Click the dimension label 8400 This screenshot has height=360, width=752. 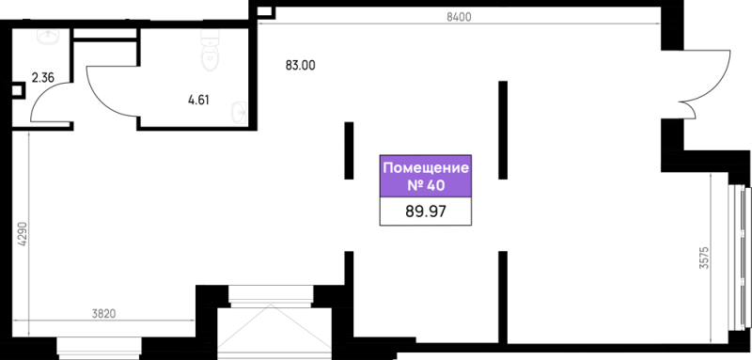(459, 17)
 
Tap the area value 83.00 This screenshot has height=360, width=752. (300, 66)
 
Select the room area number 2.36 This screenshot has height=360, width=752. (43, 78)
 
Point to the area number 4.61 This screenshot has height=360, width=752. (198, 101)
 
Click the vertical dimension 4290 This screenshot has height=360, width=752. (22, 233)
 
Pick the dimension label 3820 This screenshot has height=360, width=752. (103, 314)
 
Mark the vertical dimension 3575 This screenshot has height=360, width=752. (703, 258)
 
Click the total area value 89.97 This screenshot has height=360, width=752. (426, 211)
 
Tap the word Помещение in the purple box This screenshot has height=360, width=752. (426, 168)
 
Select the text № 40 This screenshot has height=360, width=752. (426, 185)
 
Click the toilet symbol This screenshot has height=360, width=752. (209, 51)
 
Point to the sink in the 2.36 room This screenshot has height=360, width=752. (48, 37)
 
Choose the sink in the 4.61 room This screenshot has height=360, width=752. (239, 111)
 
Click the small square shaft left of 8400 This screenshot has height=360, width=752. (265, 11)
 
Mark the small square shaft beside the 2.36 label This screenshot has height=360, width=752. (17, 90)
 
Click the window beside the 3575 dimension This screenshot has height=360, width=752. (739, 257)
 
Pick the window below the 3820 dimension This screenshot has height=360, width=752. (100, 348)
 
